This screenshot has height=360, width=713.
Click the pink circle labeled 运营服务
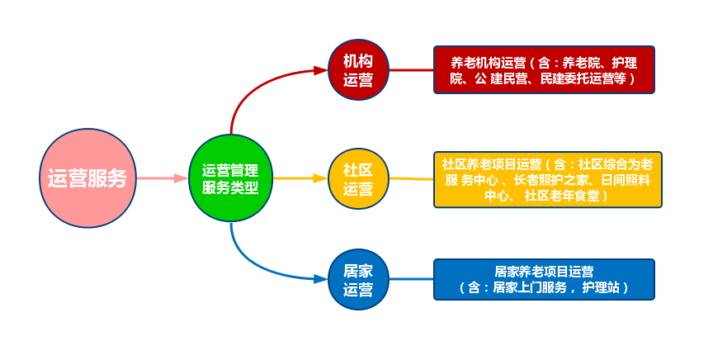(87, 178)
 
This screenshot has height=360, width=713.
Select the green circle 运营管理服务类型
(230, 178)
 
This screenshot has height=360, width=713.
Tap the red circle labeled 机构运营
(358, 69)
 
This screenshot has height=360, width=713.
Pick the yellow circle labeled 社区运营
(358, 178)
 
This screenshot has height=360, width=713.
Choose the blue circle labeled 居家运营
(358, 279)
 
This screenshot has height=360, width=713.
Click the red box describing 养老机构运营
(544, 69)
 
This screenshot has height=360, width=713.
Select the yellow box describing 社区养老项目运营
(547, 179)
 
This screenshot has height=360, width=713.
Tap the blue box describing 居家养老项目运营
(544, 279)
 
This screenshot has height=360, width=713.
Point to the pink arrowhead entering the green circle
(182, 178)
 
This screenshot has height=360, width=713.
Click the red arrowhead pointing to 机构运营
(321, 70)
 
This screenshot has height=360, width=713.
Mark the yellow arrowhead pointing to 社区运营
(321, 178)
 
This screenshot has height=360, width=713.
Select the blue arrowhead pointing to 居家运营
(321, 279)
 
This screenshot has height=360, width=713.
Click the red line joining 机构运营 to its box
(411, 70)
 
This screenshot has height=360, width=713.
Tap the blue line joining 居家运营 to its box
(411, 279)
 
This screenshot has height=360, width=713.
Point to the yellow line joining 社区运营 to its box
(411, 179)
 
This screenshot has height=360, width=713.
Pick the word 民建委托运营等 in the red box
(583, 78)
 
